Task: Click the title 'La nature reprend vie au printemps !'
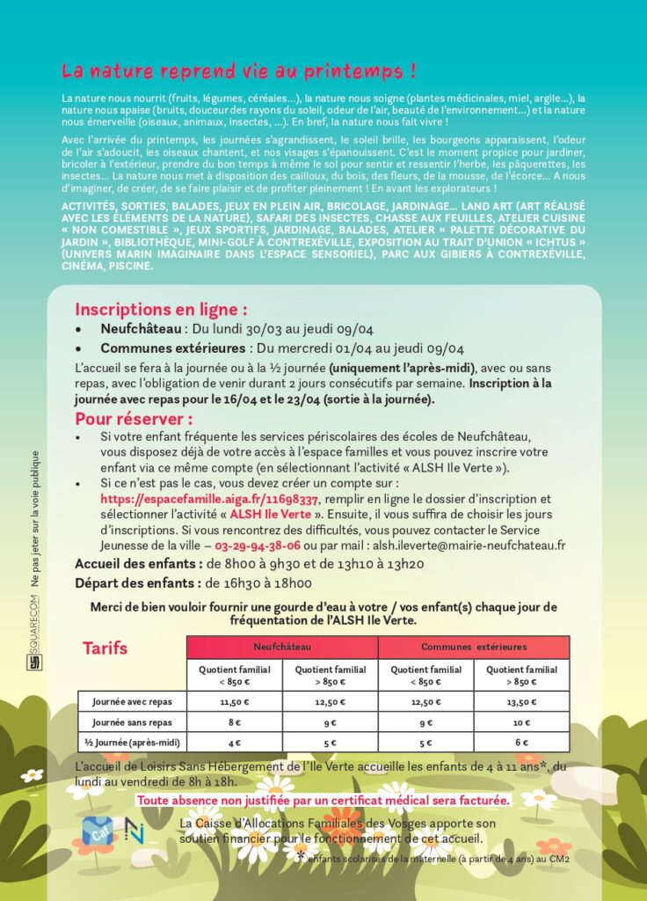238,70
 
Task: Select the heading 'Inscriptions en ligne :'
160,310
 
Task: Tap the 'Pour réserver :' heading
133,419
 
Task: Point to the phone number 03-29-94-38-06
251,546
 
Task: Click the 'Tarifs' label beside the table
105,648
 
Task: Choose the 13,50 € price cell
521,702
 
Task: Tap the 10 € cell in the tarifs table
521,722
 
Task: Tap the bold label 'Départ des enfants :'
137,582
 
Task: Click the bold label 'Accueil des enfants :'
139,564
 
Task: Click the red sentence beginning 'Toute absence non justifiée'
323,801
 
